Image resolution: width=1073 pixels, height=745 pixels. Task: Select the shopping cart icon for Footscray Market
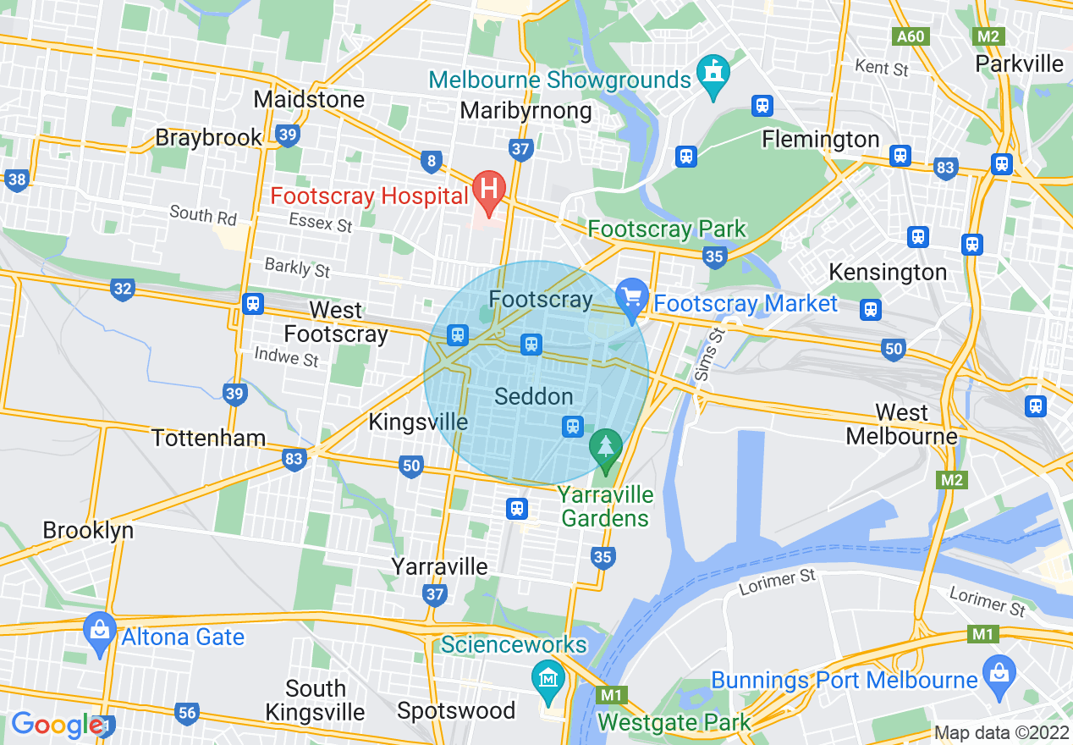[631, 298]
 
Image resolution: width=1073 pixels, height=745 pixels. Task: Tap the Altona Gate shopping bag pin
[100, 631]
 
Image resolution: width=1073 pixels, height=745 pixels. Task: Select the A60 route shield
[911, 36]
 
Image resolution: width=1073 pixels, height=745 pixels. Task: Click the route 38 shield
[15, 179]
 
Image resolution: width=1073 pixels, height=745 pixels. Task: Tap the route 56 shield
[187, 713]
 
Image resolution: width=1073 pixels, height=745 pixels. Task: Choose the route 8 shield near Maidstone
[432, 160]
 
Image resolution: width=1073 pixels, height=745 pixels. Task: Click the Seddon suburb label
[533, 396]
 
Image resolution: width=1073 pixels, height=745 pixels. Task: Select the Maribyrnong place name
[525, 111]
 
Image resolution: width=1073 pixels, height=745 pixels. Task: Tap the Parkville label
[1019, 63]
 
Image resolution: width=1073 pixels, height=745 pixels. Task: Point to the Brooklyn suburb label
[88, 530]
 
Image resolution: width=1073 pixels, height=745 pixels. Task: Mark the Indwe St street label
[286, 357]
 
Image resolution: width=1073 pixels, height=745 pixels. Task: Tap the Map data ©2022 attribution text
[999, 732]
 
